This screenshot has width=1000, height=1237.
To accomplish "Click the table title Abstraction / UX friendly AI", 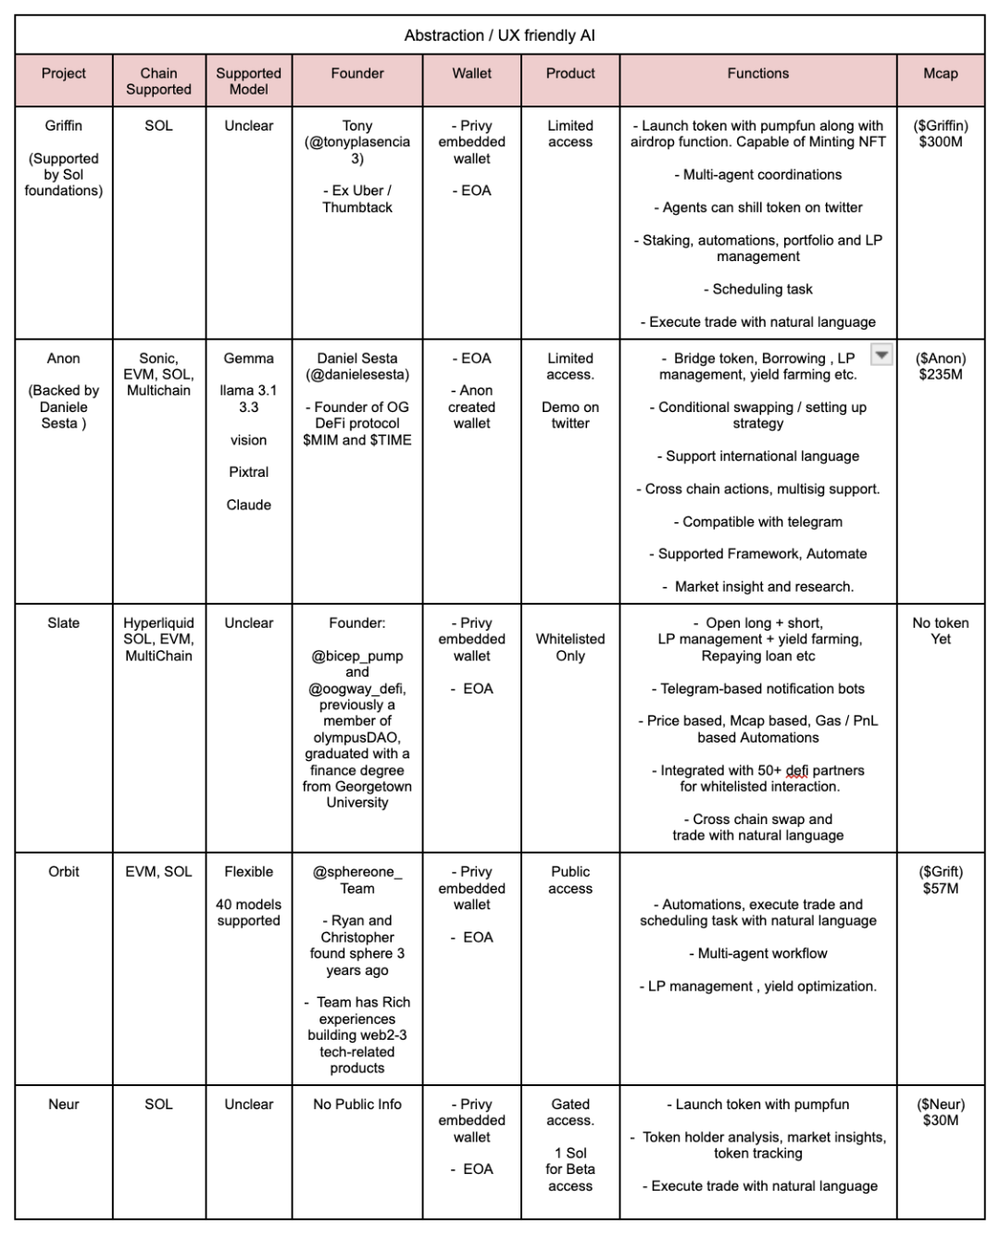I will coord(499,35).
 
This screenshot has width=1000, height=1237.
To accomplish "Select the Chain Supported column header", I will coord(158,81).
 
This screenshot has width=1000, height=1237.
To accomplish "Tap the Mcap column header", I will coord(940,73).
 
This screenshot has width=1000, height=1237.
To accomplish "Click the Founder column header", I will coord(357,73).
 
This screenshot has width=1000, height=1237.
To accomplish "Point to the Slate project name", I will coord(64,623).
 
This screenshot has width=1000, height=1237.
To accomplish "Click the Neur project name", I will coord(64,1104).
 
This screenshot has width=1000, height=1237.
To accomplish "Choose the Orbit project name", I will coord(64,871).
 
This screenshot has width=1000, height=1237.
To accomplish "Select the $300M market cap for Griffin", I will coord(940,142).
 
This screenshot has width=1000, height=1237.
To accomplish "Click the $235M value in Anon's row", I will coord(940,375).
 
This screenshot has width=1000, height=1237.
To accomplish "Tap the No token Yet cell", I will coord(940,631).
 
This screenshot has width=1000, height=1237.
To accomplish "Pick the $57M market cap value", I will coord(940,888).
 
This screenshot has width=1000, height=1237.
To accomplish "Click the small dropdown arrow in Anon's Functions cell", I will coord(881,355).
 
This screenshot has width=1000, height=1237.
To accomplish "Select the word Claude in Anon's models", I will coord(249,505).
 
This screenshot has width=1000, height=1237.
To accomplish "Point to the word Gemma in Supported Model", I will coord(249,358).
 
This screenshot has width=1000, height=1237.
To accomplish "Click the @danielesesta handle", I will coord(357,375).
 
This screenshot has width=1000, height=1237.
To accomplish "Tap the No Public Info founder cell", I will coord(357,1104).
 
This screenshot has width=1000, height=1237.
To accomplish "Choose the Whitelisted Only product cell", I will coord(570,647).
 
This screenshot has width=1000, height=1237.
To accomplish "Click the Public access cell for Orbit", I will coord(570,880).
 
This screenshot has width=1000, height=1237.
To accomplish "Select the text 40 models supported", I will coord(249,912).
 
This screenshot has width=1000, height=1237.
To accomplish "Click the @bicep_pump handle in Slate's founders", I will coord(357,656).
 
